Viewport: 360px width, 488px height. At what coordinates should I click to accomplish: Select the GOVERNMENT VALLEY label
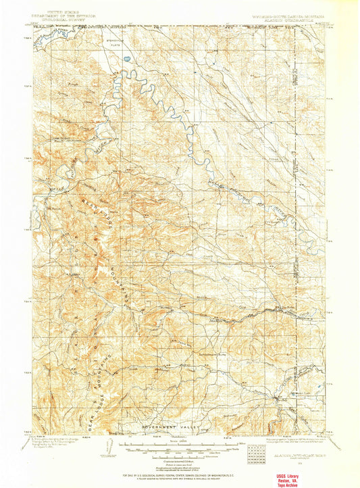click(168, 428)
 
